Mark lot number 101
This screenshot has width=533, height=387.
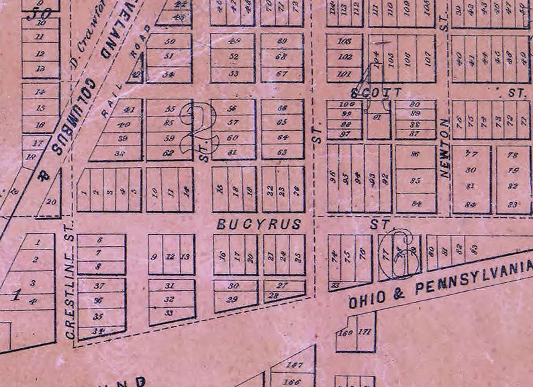tap(344, 73)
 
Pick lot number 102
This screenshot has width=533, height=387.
tap(344, 58)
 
